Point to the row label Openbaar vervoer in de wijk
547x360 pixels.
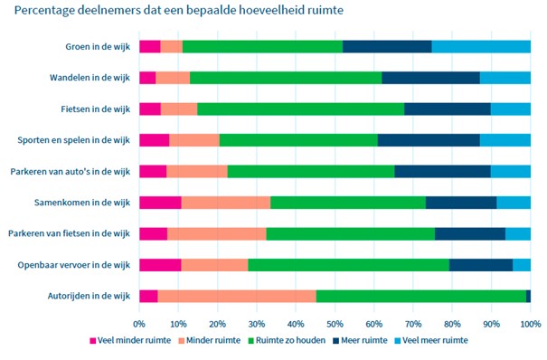(x=81, y=265)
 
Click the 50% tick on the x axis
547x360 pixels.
(x=335, y=323)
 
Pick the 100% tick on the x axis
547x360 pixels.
(x=529, y=323)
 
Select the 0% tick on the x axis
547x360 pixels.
(x=139, y=323)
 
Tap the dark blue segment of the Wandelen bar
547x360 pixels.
(x=430, y=78)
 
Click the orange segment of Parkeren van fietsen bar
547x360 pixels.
(x=217, y=233)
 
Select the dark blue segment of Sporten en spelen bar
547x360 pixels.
(x=429, y=140)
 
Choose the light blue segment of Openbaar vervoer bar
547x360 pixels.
(x=522, y=265)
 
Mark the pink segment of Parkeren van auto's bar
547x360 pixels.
(x=153, y=171)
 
